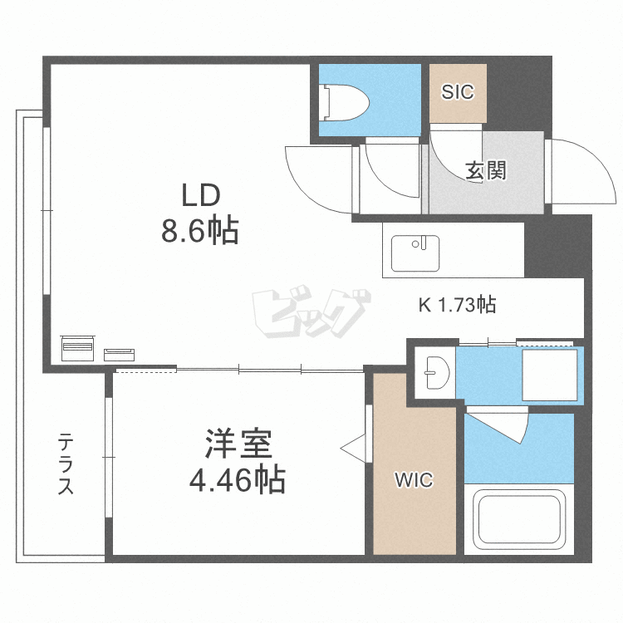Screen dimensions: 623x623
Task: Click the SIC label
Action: (458, 92)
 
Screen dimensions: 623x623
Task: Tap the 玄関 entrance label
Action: (485, 171)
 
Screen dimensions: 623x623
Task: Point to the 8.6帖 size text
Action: (199, 230)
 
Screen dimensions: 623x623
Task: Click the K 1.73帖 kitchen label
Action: (456, 305)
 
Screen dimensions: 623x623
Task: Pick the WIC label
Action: (413, 480)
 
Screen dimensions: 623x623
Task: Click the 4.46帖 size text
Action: (238, 480)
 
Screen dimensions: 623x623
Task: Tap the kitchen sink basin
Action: (416, 252)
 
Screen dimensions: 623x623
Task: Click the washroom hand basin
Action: (436, 370)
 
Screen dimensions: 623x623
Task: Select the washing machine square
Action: (549, 375)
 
